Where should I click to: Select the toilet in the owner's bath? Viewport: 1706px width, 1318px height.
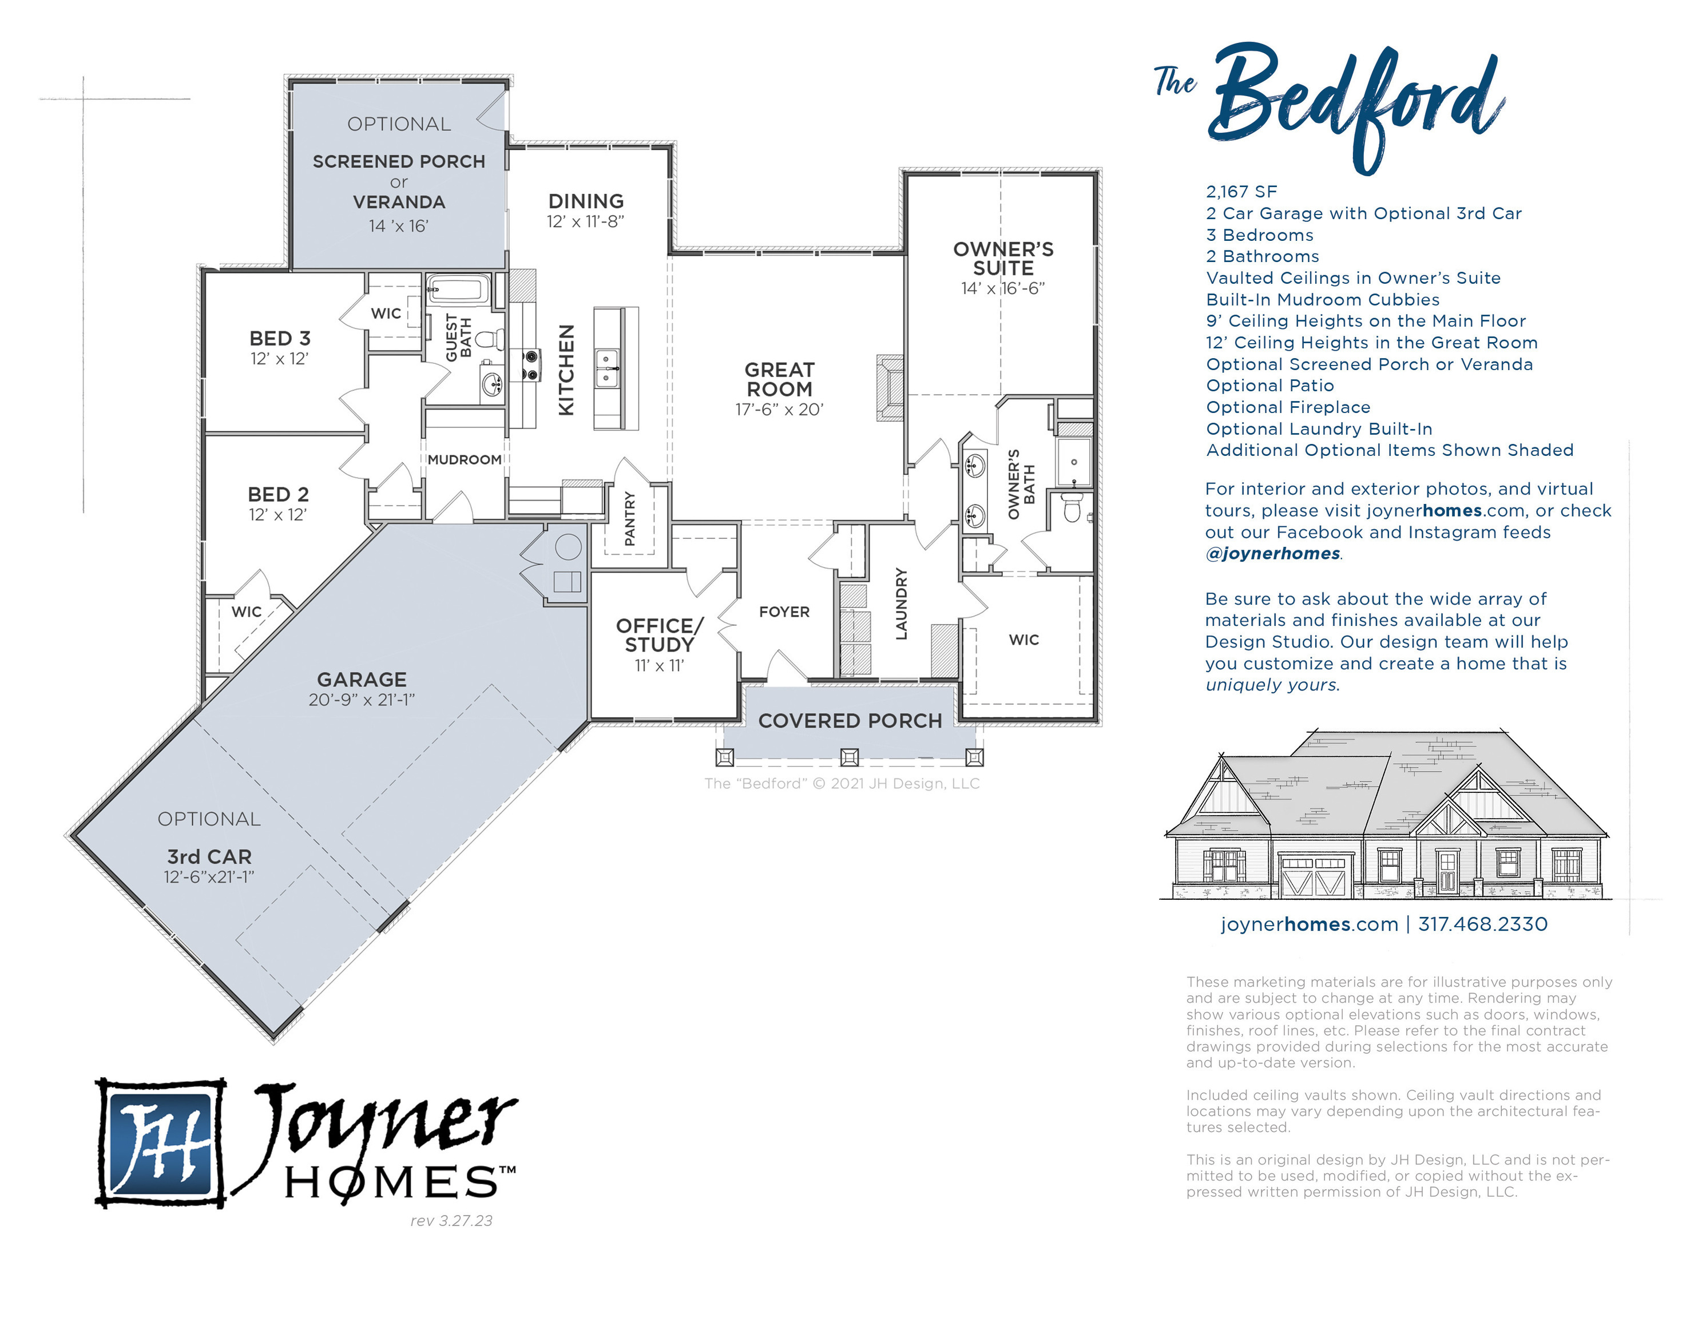[x=1073, y=509]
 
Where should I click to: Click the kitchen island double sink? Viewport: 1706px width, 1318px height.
[x=607, y=369]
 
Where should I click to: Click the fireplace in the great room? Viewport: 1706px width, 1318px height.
[x=890, y=387]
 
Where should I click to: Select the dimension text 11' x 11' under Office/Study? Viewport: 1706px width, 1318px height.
[x=658, y=666]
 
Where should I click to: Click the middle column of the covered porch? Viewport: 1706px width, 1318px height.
[x=849, y=756]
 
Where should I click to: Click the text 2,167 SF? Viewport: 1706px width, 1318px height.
[x=1241, y=192]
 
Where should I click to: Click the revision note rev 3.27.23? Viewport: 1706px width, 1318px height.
[x=451, y=1220]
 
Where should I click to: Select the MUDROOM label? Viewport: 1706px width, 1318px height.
[x=464, y=459]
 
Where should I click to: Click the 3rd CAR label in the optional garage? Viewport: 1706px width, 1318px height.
[x=209, y=856]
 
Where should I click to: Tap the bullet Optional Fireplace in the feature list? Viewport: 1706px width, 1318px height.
[x=1287, y=407]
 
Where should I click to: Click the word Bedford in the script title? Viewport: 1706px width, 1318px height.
[x=1355, y=105]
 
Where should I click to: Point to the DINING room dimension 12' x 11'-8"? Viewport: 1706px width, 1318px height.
[x=585, y=222]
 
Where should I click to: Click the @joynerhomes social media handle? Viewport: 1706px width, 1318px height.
[x=1272, y=554]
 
